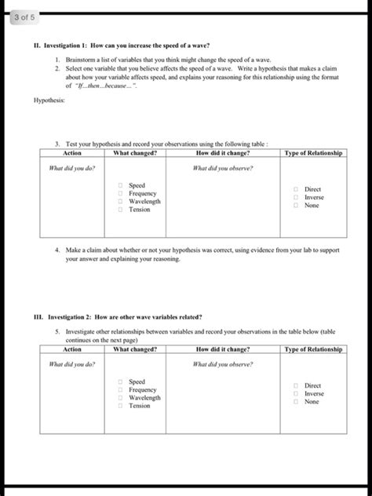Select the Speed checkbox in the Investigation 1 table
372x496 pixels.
[x=121, y=186]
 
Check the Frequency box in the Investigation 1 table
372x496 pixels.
[x=121, y=194]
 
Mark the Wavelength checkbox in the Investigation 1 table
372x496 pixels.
[x=121, y=202]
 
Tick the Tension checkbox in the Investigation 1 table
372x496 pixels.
[x=121, y=210]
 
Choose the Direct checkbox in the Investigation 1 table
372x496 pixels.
[x=296, y=190]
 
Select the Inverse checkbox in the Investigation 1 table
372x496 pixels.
[x=296, y=198]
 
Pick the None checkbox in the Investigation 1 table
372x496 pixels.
[x=296, y=206]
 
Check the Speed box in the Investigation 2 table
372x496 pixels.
[x=121, y=382]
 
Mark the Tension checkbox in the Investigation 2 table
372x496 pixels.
[x=121, y=406]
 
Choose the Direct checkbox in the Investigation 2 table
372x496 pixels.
[x=296, y=386]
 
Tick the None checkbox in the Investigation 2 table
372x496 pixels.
[x=296, y=402]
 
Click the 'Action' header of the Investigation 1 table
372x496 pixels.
[x=72, y=153]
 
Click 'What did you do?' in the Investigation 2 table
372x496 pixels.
[x=72, y=364]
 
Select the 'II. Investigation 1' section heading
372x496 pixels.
[x=118, y=46]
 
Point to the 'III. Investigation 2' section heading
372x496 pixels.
[x=118, y=317]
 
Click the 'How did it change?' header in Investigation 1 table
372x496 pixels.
[x=223, y=153]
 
